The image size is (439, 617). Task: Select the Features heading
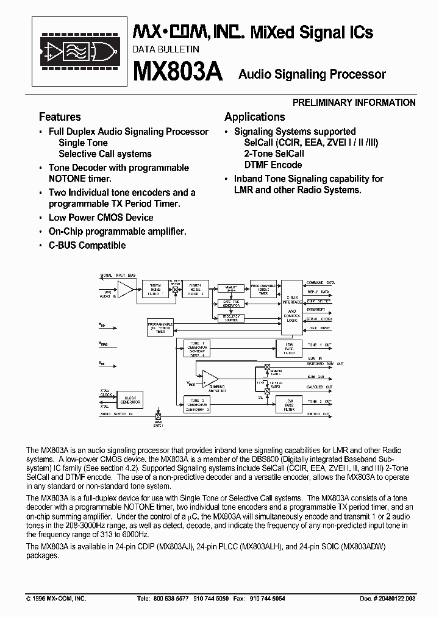[x=60, y=117]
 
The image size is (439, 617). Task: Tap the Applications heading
[x=254, y=117]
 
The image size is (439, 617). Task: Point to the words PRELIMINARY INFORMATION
[x=354, y=102]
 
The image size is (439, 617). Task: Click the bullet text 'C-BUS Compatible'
[x=87, y=245]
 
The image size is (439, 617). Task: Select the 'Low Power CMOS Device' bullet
[x=101, y=218]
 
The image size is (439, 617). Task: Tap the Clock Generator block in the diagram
[x=129, y=400]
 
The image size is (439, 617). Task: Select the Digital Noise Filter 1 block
[x=155, y=289]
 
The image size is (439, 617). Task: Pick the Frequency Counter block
[x=231, y=318]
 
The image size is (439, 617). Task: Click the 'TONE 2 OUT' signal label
[x=319, y=402]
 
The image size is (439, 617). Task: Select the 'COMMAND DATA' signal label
[x=320, y=284]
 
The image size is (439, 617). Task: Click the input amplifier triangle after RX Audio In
[x=126, y=289]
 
